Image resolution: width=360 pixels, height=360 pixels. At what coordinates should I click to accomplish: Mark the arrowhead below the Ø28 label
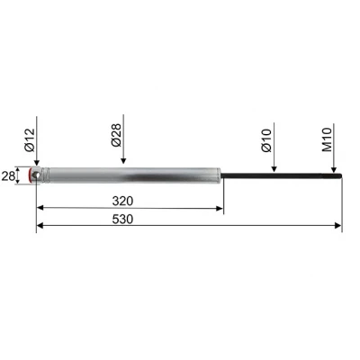coord(125,161)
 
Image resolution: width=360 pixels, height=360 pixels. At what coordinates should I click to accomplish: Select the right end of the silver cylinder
coord(221,174)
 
